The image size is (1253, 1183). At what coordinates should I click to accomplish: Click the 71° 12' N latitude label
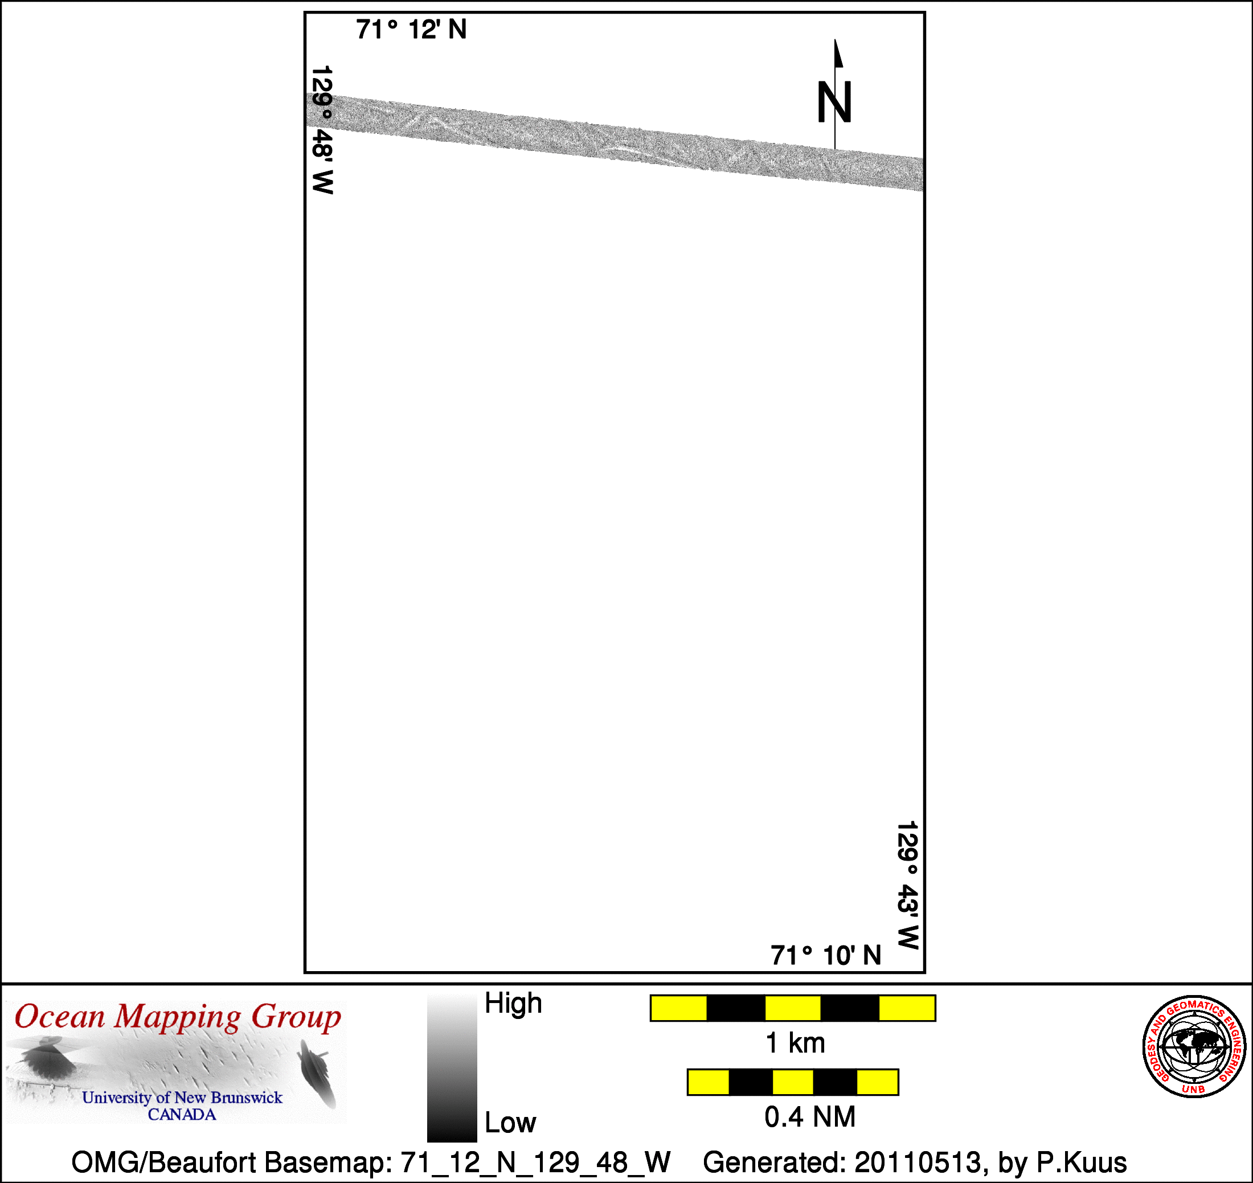pyautogui.click(x=411, y=30)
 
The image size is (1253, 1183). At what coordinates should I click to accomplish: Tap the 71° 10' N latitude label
pyautogui.click(x=825, y=955)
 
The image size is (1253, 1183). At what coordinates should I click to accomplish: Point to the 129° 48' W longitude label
pyautogui.click(x=322, y=130)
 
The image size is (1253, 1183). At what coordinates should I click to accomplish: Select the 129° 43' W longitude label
pyautogui.click(x=907, y=885)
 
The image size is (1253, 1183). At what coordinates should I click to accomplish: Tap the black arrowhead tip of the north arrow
pyautogui.click(x=835, y=40)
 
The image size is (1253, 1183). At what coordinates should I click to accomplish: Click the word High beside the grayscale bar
pyautogui.click(x=513, y=1002)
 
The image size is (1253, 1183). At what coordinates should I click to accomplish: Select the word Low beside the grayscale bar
pyautogui.click(x=510, y=1123)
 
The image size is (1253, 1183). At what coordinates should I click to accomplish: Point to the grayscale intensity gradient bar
pyautogui.click(x=452, y=1069)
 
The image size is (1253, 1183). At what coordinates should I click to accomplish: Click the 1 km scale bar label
pyautogui.click(x=795, y=1043)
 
